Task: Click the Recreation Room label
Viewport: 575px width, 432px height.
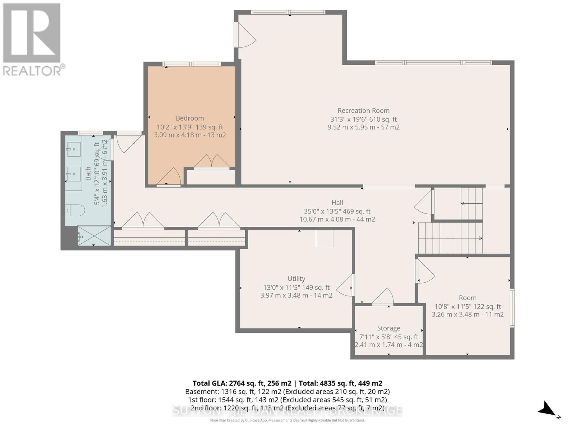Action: (363, 111)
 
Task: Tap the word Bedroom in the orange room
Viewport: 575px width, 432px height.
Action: (190, 118)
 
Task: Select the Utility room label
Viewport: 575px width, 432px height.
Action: (296, 279)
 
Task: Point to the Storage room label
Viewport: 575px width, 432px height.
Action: (388, 328)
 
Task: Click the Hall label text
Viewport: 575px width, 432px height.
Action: (337, 203)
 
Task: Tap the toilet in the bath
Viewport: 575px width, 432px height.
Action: (75, 210)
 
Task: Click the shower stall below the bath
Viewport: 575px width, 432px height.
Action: (94, 236)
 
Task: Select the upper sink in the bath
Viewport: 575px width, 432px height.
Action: (74, 149)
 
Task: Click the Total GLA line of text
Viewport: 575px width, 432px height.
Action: (287, 383)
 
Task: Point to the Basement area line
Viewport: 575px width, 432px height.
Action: (287, 392)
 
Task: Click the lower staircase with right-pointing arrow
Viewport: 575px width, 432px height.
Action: (450, 238)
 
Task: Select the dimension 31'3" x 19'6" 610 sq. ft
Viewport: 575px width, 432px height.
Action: (363, 119)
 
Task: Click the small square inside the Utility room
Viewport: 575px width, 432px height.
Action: (325, 238)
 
